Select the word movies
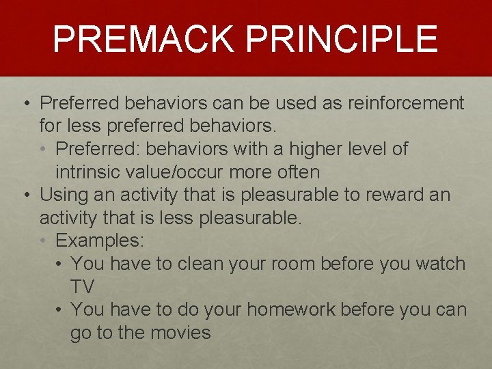coord(178,333)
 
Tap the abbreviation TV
coord(83,286)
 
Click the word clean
coord(200,264)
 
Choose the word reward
coord(393,195)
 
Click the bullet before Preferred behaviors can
coord(25,104)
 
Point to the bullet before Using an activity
coord(25,195)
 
